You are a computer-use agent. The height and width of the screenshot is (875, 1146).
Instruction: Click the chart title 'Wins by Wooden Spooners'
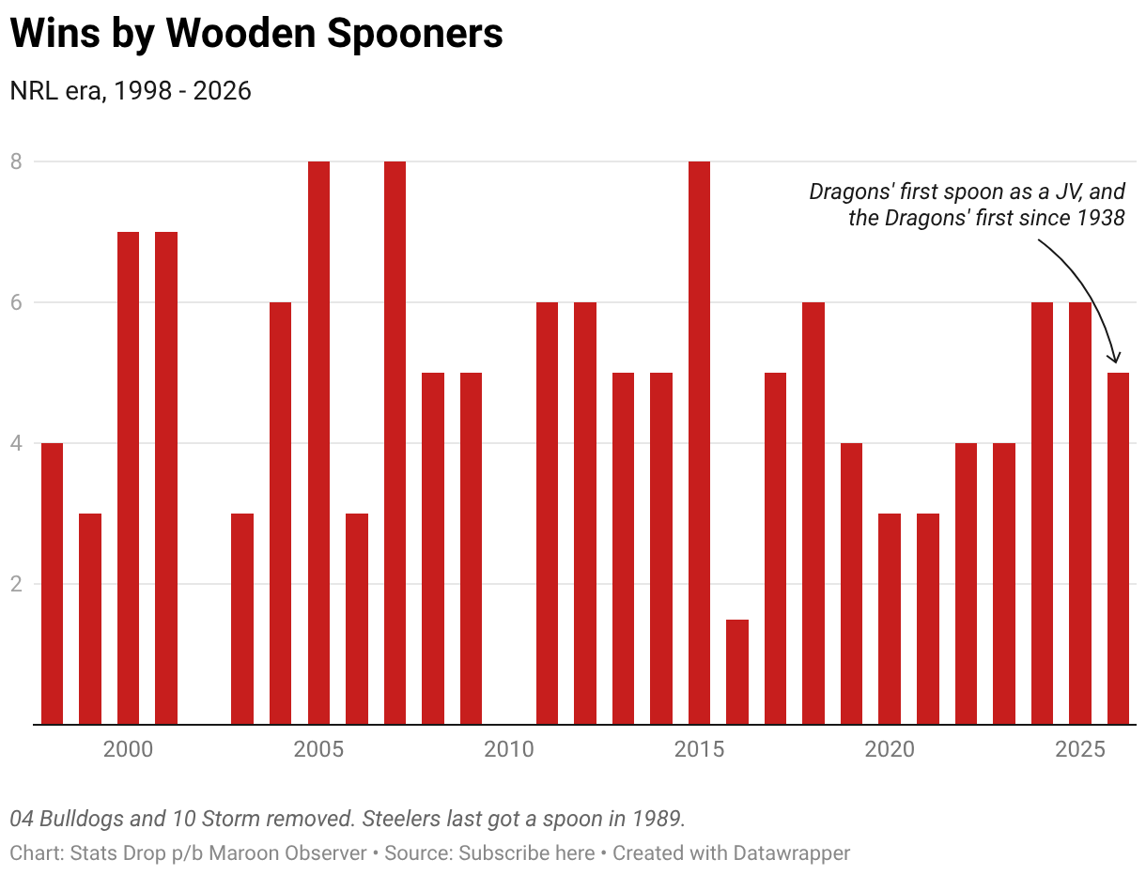coord(256,34)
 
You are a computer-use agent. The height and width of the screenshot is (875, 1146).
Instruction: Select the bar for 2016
coord(737,672)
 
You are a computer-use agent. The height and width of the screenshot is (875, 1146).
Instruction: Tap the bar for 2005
coord(318,443)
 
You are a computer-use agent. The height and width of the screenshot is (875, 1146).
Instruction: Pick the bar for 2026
coord(1118,548)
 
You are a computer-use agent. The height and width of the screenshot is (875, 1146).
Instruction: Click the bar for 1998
coord(52,584)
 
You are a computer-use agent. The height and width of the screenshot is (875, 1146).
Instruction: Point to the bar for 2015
coord(699,443)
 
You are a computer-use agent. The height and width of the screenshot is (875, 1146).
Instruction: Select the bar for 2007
coord(395,443)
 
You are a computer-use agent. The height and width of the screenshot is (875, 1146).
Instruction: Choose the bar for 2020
coord(890,619)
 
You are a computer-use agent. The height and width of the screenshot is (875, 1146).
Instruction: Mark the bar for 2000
coord(128,478)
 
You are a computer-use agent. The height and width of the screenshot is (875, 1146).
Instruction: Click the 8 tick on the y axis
coord(16,161)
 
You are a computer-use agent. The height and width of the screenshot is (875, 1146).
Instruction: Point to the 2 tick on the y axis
coord(16,584)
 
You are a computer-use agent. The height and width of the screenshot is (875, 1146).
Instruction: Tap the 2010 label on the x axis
coord(509,750)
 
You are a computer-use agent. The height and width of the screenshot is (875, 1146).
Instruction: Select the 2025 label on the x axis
coord(1080,750)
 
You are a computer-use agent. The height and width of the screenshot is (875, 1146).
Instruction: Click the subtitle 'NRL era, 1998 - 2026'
coord(131,91)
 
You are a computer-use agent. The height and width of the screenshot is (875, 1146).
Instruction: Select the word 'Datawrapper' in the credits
coord(792,853)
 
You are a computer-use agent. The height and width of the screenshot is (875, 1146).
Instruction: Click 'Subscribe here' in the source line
coord(526,853)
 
